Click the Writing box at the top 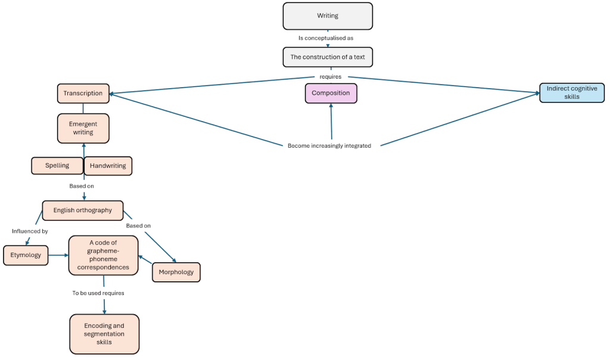tap(328, 16)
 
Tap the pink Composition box tap(331, 94)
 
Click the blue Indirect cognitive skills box tap(572, 93)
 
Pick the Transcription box tap(83, 94)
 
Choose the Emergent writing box tap(83, 128)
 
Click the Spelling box tap(57, 166)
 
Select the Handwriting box tap(108, 166)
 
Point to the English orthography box tap(82, 210)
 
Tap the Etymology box tap(26, 255)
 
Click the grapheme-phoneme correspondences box tap(103, 255)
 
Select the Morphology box tap(176, 272)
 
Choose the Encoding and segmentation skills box tap(104, 334)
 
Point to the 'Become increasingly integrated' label tap(329, 145)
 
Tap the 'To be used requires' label tap(98, 293)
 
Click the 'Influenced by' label tap(30, 231)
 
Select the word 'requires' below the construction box tap(330, 77)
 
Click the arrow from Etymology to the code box tap(58, 255)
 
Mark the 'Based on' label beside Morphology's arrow tap(138, 226)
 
